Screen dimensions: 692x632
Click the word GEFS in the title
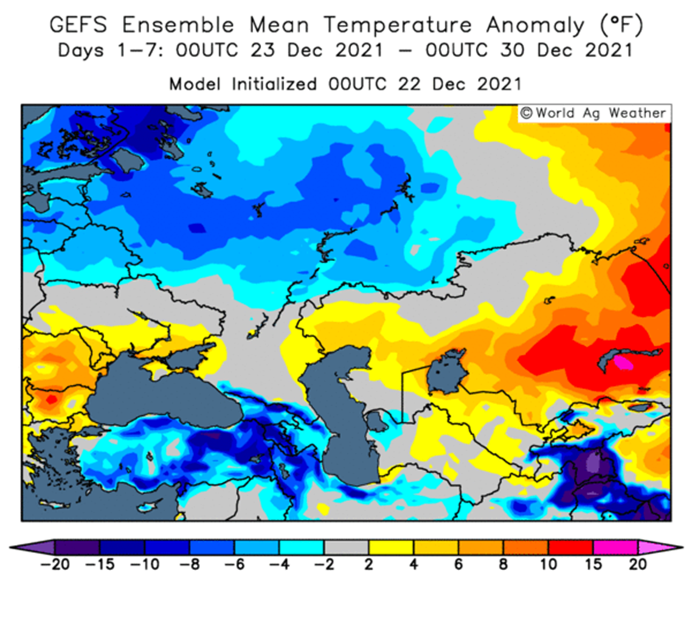pyautogui.click(x=78, y=24)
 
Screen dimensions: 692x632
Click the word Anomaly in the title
pyautogui.click(x=535, y=26)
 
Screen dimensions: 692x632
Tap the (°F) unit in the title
pyautogui.click(x=622, y=25)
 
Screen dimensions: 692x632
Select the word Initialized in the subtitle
pyautogui.click(x=274, y=83)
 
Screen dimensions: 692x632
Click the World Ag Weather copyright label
pyautogui.click(x=594, y=114)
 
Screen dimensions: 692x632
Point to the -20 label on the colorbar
pyautogui.click(x=55, y=564)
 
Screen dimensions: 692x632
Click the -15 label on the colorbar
pyautogui.click(x=100, y=564)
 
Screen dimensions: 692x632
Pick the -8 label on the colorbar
pyautogui.click(x=190, y=564)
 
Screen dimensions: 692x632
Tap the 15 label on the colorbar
pyautogui.click(x=593, y=564)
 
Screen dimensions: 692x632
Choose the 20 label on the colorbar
pyautogui.click(x=637, y=564)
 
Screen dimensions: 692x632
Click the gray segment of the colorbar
pyautogui.click(x=347, y=547)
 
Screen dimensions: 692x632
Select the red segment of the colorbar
pyautogui.click(x=570, y=547)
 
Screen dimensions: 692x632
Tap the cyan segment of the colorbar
pyautogui.click(x=302, y=547)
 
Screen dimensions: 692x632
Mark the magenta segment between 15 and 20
pyautogui.click(x=615, y=547)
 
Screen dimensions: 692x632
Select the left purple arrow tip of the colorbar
pyautogui.click(x=10, y=547)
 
